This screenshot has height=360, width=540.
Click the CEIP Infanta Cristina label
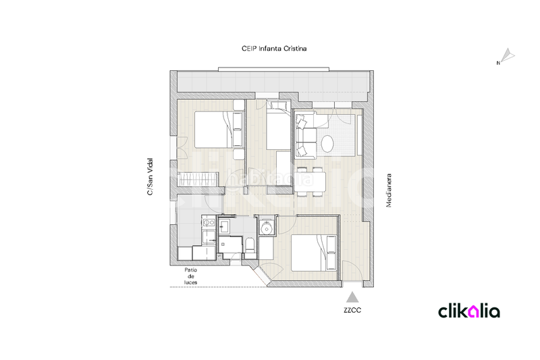[x=274, y=49]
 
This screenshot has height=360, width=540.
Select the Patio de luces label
[x=191, y=276]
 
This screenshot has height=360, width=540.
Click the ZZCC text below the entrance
[x=352, y=312]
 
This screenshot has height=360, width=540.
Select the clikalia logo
[x=469, y=311]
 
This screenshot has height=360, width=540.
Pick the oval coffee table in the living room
[x=327, y=144]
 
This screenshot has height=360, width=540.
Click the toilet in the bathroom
[x=249, y=245]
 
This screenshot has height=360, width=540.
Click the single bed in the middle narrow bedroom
[x=278, y=130]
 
